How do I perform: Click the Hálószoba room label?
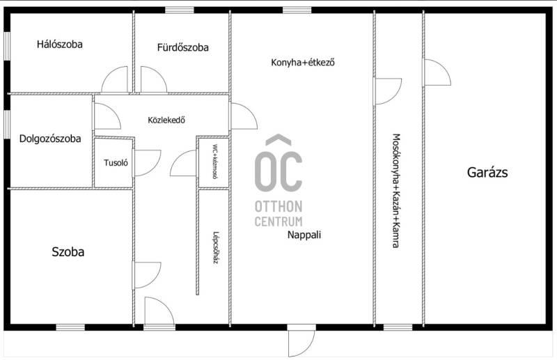click(x=60, y=45)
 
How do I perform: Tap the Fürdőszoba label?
click(x=182, y=47)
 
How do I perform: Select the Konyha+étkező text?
click(x=303, y=63)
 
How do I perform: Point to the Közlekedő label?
click(x=166, y=120)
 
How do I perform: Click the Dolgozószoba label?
click(x=50, y=139)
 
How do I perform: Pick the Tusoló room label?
click(x=116, y=163)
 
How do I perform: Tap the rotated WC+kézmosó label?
click(x=215, y=162)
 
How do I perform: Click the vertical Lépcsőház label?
click(x=215, y=247)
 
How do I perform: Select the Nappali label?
click(x=304, y=235)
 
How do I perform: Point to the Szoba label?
click(x=68, y=252)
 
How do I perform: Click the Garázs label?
click(x=487, y=173)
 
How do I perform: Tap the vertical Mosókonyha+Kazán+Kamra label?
click(x=396, y=191)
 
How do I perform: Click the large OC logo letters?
click(x=278, y=167)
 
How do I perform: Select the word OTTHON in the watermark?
click(x=278, y=207)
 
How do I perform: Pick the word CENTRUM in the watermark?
click(x=278, y=221)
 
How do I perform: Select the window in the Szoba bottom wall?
click(x=70, y=327)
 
